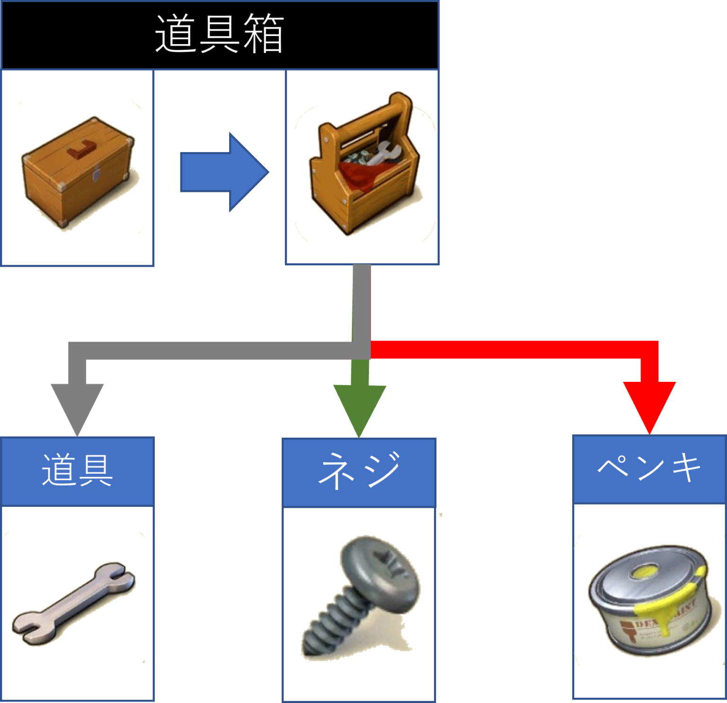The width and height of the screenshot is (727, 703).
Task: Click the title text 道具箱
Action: [x=219, y=34]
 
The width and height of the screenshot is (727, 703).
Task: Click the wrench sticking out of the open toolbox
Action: [x=386, y=154]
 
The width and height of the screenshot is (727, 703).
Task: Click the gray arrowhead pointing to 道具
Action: [x=77, y=408]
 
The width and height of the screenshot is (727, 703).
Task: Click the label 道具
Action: [x=77, y=470]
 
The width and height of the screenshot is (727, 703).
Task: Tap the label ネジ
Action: [x=359, y=471]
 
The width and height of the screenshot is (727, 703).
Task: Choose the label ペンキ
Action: [x=649, y=468]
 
